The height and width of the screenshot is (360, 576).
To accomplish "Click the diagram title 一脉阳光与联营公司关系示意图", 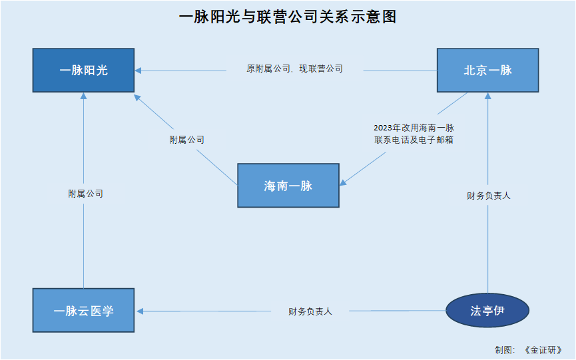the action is tap(288, 17).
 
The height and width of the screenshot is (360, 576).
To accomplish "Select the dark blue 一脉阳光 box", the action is tap(83, 70).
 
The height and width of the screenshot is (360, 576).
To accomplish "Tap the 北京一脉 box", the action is tap(488, 70).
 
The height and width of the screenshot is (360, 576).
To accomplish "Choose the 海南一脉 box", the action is tap(288, 185).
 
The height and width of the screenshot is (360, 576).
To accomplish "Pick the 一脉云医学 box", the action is tap(83, 311).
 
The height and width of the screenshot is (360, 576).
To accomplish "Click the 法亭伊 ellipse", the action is tap(487, 311).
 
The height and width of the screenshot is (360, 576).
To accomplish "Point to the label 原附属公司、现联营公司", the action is tap(294, 69).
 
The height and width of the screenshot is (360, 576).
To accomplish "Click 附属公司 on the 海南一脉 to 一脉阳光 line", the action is tap(186, 140).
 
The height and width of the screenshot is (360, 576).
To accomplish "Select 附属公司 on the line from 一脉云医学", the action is tap(86, 194).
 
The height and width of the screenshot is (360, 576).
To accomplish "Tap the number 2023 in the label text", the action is tap(383, 128).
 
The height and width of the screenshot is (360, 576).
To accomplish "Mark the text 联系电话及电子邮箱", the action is tap(414, 140).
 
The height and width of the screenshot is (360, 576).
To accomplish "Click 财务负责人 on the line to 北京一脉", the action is tap(489, 196).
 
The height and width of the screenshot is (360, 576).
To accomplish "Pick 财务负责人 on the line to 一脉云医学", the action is tap(310, 311).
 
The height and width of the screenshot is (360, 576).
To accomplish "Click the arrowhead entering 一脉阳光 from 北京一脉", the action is tap(138, 71).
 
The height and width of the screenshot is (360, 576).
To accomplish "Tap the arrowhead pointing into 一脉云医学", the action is tap(140, 311).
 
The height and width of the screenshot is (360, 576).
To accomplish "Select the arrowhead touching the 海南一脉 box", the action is tap(343, 182).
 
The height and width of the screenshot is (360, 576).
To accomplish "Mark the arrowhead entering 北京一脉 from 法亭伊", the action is tap(488, 96).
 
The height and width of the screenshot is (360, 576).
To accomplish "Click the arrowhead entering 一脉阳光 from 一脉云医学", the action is tap(83, 96).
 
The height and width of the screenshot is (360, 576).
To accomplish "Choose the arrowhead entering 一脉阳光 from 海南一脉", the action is tap(137, 98).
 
